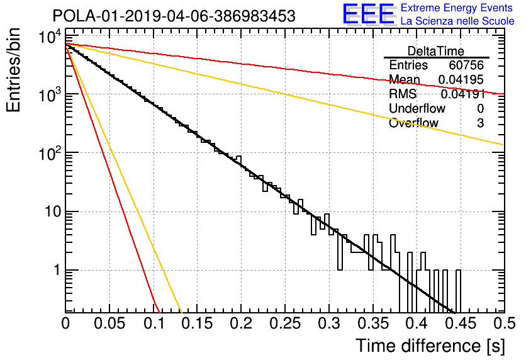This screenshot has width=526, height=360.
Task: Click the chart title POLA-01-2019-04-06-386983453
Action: pos(174,16)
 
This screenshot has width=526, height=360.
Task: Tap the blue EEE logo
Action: pos(369,14)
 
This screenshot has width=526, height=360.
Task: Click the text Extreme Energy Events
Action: pos(457,8)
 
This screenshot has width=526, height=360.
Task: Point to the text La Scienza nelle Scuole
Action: pos(457,21)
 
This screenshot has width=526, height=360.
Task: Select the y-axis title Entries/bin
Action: pos(13,70)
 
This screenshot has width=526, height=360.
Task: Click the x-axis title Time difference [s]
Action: pos(430,346)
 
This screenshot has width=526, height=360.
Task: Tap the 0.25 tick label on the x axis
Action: pos(285,323)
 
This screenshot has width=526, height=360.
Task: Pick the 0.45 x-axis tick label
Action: pos(461,323)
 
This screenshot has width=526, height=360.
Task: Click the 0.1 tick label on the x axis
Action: pos(154,323)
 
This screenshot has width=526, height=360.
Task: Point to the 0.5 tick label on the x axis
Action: pos(505,323)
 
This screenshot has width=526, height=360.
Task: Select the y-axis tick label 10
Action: pos(53,211)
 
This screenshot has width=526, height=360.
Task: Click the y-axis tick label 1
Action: pos(57,270)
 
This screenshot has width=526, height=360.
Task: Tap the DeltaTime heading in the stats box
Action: pos(435,51)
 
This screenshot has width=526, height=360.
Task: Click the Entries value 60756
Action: pos(466,65)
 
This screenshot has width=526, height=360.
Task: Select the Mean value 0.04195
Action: pos(461,79)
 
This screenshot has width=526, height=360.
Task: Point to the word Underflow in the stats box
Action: pos(417,108)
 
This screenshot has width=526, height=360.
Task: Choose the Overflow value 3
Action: pos(480,123)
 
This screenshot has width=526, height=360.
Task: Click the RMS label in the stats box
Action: pos(403,94)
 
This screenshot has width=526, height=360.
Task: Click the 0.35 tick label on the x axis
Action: pos(373,323)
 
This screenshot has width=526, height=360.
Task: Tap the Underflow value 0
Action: pos(480,108)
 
